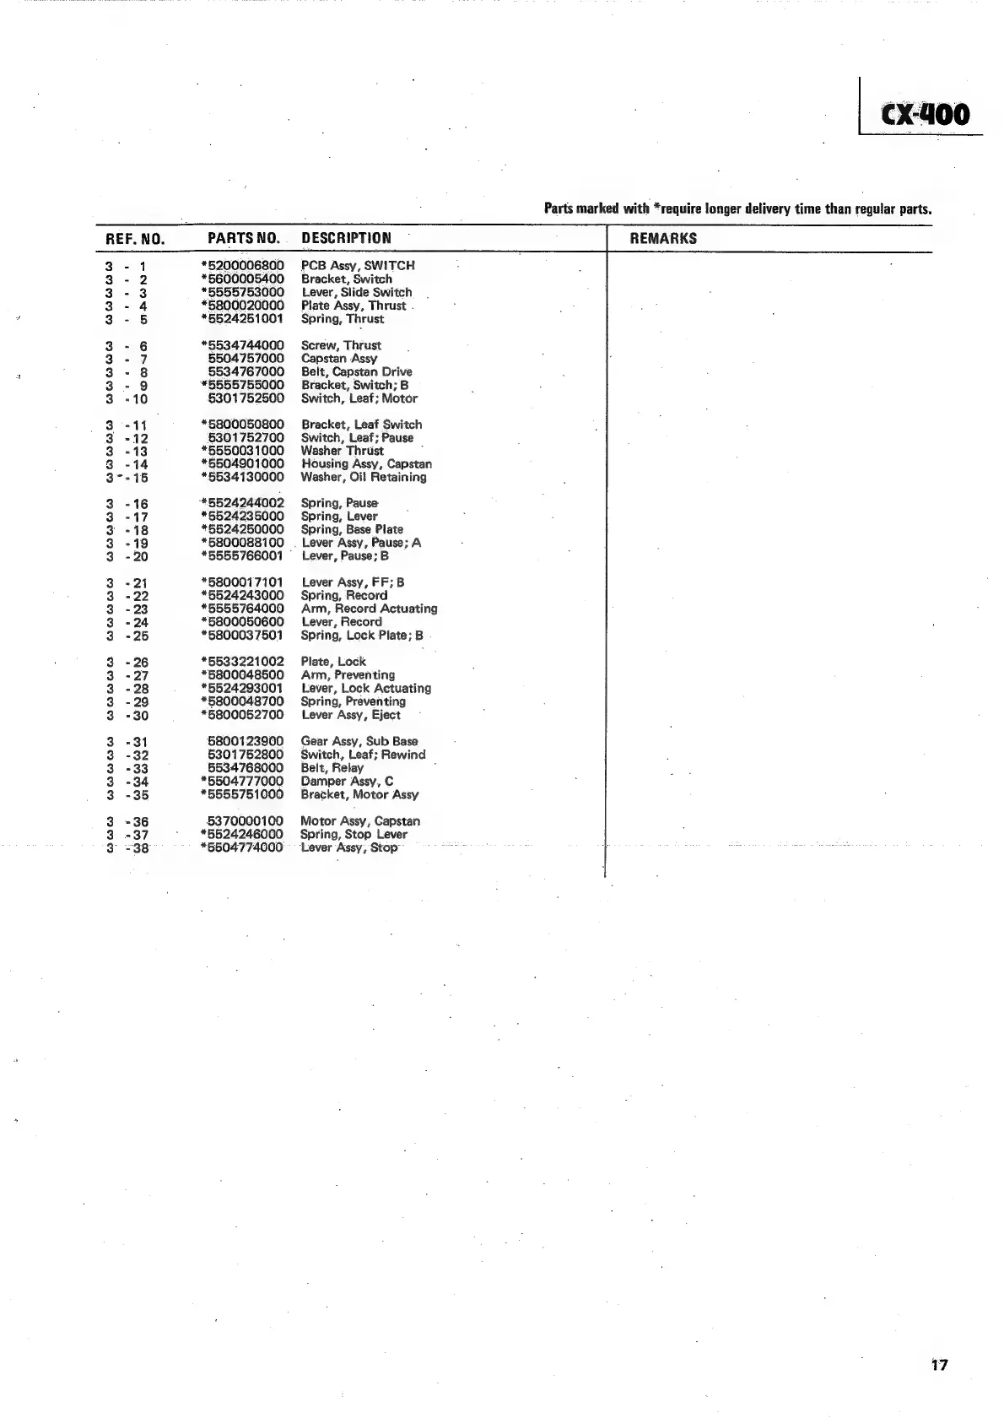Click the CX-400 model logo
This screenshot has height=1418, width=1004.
tap(926, 115)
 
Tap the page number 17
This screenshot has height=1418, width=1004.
tap(940, 1365)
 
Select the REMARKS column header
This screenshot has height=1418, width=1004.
tap(663, 239)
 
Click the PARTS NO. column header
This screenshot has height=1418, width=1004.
tap(243, 239)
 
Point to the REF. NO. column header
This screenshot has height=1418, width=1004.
tap(135, 240)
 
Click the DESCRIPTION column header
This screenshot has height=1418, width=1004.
tap(346, 239)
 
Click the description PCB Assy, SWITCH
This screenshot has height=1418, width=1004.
tap(358, 266)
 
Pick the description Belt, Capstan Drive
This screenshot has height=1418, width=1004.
tap(357, 371)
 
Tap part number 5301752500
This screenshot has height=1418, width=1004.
tap(246, 398)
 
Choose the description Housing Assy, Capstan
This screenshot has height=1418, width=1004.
tap(366, 464)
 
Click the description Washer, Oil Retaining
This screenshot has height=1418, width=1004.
tap(364, 478)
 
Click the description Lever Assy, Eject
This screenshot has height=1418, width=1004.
tap(351, 715)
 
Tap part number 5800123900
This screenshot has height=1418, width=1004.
tap(246, 741)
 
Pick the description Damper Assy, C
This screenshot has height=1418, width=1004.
tap(347, 782)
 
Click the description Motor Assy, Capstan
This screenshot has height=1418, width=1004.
tap(360, 821)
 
